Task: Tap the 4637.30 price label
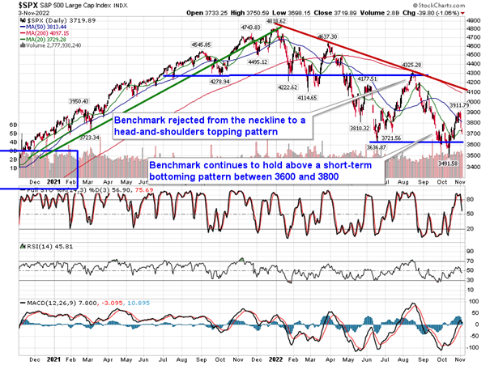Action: point(328,36)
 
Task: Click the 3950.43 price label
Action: point(77,101)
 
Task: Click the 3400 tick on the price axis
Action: point(476,167)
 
